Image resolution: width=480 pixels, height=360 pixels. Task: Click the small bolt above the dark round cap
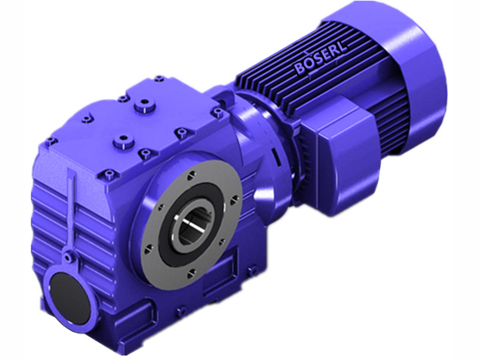(x=71, y=257)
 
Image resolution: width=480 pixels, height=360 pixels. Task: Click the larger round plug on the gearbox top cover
(x=142, y=109)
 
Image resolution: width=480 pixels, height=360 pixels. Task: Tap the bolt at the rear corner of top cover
(x=160, y=78)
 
